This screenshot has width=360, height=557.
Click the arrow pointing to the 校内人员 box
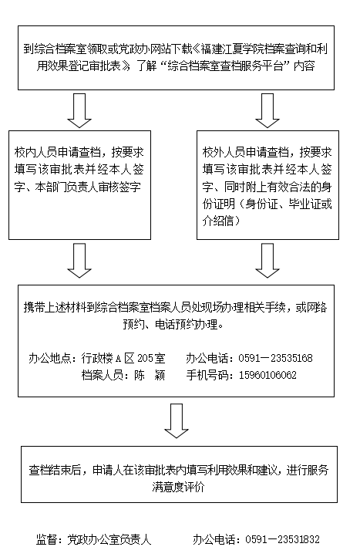pyautogui.click(x=79, y=110)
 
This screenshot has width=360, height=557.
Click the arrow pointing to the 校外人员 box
pyautogui.click(x=267, y=110)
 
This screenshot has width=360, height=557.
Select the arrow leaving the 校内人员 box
pyautogui.click(x=79, y=261)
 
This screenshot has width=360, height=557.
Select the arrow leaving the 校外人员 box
pyautogui.click(x=267, y=261)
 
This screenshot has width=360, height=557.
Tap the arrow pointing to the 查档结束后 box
pyautogui.click(x=177, y=421)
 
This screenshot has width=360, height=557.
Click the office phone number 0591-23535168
pyautogui.click(x=275, y=358)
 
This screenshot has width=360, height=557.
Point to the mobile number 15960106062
pyautogui.click(x=267, y=375)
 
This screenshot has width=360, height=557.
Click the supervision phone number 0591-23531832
pyautogui.click(x=283, y=539)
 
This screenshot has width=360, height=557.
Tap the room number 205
pyautogui.click(x=144, y=358)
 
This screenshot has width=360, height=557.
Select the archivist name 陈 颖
pyautogui.click(x=150, y=375)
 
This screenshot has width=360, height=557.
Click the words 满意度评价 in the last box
pyautogui.click(x=178, y=487)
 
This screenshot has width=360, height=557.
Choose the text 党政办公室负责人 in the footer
pyautogui.click(x=109, y=539)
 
